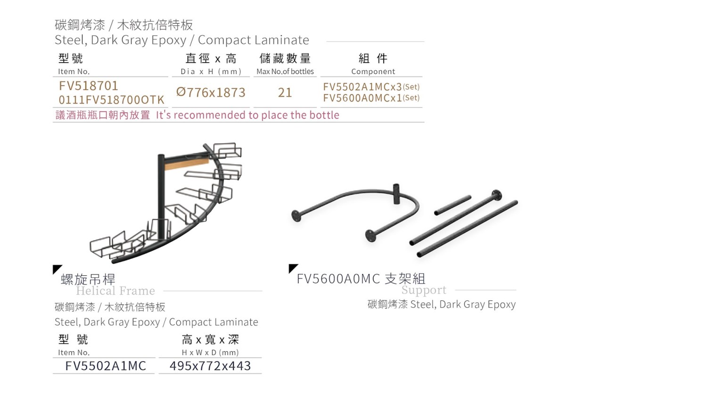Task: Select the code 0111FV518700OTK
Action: click(111, 100)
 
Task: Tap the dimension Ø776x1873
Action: click(211, 92)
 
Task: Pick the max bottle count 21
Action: click(285, 92)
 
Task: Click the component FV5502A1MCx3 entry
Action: click(371, 86)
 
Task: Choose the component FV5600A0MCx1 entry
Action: click(371, 98)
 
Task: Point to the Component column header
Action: click(373, 71)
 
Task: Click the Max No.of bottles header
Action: click(285, 71)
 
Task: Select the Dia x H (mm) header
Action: click(211, 72)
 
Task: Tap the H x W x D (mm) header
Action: click(210, 352)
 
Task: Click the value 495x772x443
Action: click(210, 365)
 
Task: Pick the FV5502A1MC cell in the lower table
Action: click(106, 365)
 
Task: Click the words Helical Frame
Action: click(115, 290)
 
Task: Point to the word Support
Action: click(424, 290)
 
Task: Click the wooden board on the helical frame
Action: click(186, 164)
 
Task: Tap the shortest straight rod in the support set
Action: click(452, 205)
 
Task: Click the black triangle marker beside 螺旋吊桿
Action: click(57, 269)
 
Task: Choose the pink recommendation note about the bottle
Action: click(197, 115)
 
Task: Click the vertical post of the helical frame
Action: click(161, 196)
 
